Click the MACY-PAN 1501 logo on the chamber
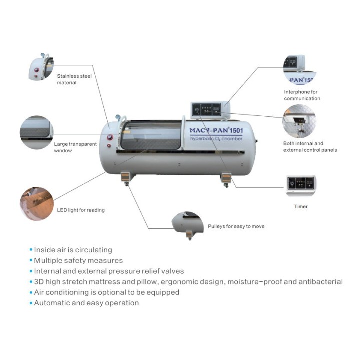[x=216, y=130]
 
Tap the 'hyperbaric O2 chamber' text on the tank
[x=216, y=139]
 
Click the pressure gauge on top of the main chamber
[x=118, y=117]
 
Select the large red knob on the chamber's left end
[x=110, y=137]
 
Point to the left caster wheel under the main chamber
[x=126, y=183]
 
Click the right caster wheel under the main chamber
[x=226, y=185]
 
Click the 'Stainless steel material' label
[x=74, y=79]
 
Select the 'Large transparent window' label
[x=75, y=147]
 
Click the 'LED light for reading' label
[x=81, y=210]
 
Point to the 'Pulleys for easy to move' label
[x=236, y=226]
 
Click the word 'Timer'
[x=301, y=206]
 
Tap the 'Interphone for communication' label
[x=302, y=95]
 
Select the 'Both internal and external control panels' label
[x=310, y=146]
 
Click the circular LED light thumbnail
[x=37, y=204]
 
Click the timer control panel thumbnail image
[x=301, y=185]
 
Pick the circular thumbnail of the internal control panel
[x=299, y=121]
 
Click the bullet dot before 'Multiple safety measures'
[x=31, y=260]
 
